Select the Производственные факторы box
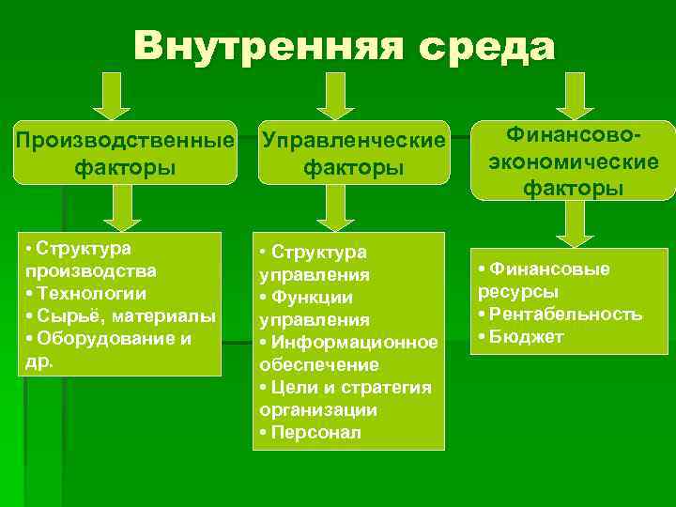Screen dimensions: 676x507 [125, 153]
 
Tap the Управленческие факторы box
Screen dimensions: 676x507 [352, 153]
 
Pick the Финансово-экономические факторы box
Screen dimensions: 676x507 [573, 161]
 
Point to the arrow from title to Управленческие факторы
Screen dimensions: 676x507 [334, 95]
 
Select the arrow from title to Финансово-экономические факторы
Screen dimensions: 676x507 [576, 95]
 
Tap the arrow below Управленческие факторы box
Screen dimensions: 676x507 [334, 215]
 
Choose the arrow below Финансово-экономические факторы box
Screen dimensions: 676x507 [574, 222]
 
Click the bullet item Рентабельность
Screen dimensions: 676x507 [564, 314]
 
